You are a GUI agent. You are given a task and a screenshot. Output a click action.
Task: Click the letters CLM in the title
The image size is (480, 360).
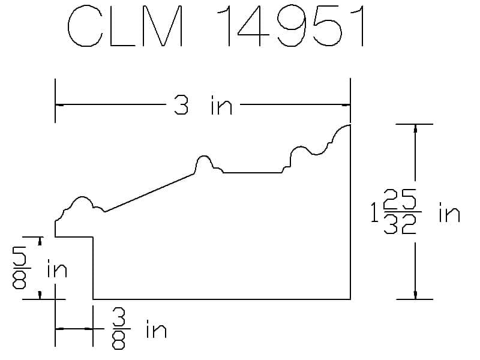125,26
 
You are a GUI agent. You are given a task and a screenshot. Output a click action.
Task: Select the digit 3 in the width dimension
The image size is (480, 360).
181,104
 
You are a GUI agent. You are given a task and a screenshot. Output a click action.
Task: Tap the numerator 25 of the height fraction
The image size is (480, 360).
400,199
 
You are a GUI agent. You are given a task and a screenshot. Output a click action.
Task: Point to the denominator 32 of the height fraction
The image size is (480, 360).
400,224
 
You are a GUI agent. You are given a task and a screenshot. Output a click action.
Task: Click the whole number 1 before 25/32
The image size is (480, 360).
374,212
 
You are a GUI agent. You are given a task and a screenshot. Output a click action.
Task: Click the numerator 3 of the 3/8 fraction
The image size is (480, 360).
119,317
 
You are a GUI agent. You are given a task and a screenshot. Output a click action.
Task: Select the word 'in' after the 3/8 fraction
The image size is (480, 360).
157,329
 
